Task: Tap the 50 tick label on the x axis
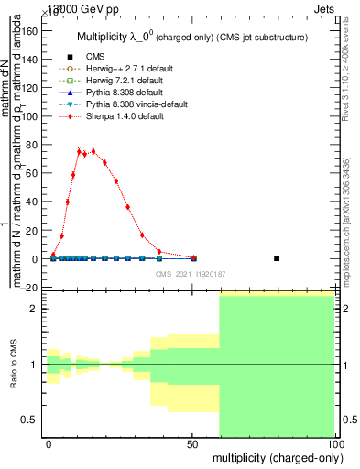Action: tap(191, 443)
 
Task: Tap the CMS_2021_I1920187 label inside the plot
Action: tap(191, 274)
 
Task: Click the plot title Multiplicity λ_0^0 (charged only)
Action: tap(190, 38)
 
